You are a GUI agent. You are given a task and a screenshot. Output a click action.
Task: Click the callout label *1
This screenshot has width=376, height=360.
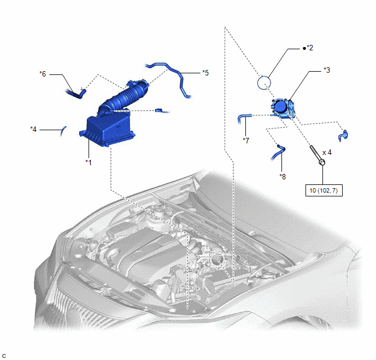point(89,162)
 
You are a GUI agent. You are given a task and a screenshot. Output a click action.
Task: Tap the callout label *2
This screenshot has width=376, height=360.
point(309,48)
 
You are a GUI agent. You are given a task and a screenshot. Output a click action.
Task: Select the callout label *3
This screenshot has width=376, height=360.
point(327,70)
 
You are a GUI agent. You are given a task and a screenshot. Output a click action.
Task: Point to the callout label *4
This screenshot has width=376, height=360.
point(33,129)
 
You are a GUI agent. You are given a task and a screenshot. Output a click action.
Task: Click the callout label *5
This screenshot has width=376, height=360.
point(205,73)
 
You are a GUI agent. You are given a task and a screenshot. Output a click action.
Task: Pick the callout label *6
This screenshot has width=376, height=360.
point(43,74)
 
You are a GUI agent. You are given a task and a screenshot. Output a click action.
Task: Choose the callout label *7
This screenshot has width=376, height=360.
point(246,141)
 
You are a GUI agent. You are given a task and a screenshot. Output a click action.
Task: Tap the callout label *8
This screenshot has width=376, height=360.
point(283,177)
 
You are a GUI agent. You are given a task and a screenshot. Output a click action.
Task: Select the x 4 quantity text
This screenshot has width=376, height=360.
point(327,153)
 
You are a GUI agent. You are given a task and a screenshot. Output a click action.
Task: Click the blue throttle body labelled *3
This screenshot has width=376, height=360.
point(283,108)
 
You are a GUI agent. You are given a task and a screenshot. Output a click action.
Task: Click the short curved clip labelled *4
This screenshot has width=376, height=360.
point(63,131)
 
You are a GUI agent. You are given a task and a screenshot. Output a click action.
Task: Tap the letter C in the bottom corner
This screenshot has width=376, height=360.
point(4,356)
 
